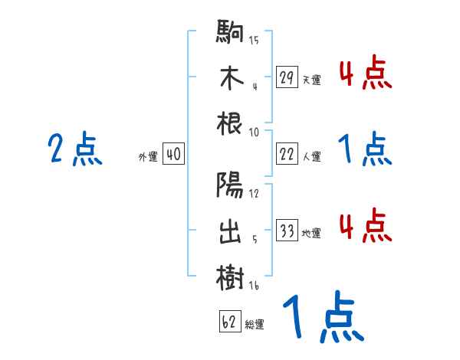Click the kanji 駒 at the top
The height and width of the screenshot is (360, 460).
click(230, 33)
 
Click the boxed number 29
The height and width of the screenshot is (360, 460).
click(287, 77)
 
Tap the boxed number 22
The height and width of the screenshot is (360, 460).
click(287, 154)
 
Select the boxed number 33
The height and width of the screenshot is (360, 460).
click(287, 231)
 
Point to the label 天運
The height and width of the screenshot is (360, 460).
click(310, 80)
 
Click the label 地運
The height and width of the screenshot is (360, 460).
click(310, 234)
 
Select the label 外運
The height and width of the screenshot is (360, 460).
click(147, 157)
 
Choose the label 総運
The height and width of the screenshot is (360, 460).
click(255, 325)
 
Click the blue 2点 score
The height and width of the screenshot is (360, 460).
click(75, 149)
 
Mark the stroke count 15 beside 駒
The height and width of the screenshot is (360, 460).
click(254, 40)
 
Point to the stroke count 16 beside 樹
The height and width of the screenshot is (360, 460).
click(254, 285)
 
